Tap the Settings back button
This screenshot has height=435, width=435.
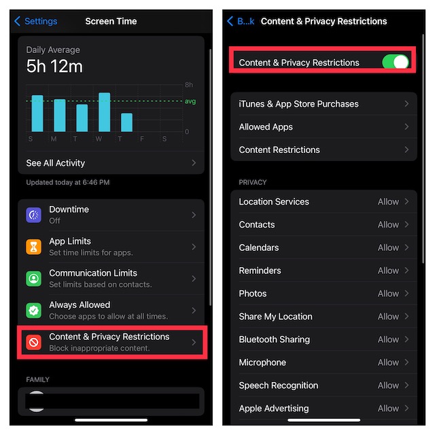point(35,21)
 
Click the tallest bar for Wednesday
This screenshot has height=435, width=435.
point(104,112)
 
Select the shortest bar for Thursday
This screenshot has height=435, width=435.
point(126,122)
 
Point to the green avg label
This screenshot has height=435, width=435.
point(190,101)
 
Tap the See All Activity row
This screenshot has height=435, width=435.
point(111,163)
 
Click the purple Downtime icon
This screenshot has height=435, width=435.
point(33,215)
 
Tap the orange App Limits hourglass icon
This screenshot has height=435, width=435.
point(33,247)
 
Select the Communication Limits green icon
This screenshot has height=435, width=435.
point(33,279)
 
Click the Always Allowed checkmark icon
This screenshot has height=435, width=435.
point(33,311)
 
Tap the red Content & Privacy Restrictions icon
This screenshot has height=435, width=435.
point(33,343)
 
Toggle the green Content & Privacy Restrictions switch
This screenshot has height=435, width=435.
point(396,62)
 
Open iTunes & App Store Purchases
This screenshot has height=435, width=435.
point(324,104)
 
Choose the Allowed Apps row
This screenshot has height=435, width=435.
point(324,127)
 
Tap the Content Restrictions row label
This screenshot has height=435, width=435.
point(279,150)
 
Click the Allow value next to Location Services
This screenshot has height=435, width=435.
point(388,202)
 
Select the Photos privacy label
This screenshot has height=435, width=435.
point(252,294)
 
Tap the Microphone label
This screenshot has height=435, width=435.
point(262,362)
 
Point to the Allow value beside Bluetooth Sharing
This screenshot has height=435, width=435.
point(388,339)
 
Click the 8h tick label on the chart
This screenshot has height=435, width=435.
point(189,84)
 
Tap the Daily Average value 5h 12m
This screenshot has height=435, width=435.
point(54,67)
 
